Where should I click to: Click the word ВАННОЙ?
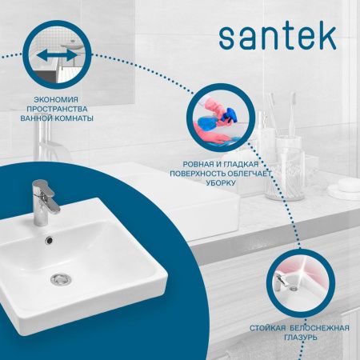36,118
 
